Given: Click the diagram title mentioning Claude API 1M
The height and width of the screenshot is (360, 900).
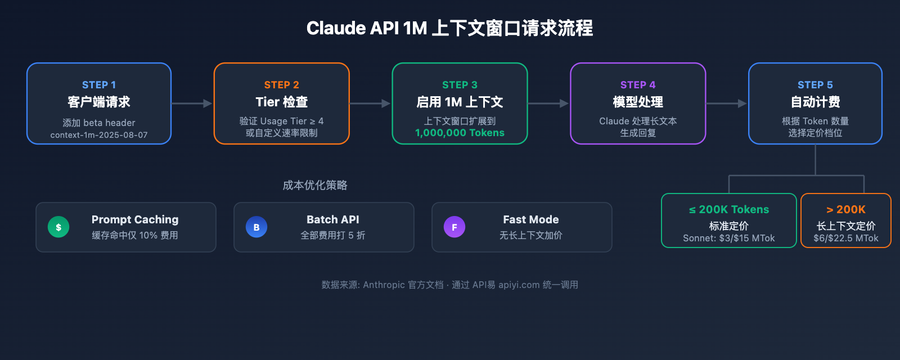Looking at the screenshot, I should coord(449,28).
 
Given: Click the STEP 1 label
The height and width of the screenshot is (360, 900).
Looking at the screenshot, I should coord(99,85).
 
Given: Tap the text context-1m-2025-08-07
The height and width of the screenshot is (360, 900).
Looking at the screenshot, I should coord(99,135).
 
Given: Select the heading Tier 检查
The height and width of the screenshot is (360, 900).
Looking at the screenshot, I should coord(282,102).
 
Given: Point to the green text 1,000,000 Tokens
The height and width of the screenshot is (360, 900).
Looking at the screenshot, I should coord(460,133).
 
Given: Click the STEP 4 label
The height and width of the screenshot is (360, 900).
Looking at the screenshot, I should coord(638,85).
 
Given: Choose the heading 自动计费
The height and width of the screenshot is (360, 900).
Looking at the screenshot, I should coord(815,102).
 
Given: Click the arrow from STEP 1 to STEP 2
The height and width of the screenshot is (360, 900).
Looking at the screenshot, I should coord(192,103).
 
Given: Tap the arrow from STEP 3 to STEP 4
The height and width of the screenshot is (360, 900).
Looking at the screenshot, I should coord(548,103).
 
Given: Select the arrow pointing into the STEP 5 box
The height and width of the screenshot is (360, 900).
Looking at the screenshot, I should coord(727,103).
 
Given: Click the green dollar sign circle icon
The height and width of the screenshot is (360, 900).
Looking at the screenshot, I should coord(58,227).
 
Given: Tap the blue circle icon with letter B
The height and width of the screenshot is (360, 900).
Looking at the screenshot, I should coord(256,227).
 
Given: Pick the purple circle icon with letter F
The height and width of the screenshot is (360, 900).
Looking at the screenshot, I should coord(454,227).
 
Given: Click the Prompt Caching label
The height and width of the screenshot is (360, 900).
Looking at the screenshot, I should coord(135,219).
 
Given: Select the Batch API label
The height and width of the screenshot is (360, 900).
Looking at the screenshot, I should coord(333,219).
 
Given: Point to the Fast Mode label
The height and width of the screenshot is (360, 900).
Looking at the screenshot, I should coord(531,219).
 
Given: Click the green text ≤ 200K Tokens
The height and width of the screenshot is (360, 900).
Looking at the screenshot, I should coord(729,209).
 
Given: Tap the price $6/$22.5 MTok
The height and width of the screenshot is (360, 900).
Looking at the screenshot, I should coord(846,238).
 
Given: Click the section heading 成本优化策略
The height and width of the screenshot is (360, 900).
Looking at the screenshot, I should coord(315,185).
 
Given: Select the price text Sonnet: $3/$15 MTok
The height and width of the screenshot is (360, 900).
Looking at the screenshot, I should coord(729,238).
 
